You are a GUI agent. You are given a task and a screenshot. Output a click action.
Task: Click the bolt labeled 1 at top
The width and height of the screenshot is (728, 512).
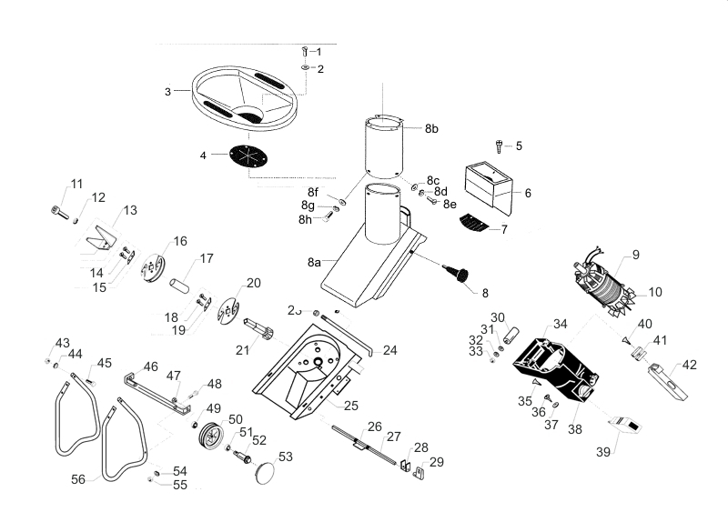click(305, 51)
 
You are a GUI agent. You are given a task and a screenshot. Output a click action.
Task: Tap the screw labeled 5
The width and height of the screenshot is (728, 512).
click(498, 145)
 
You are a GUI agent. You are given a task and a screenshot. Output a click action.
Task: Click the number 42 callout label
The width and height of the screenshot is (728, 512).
click(690, 365)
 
